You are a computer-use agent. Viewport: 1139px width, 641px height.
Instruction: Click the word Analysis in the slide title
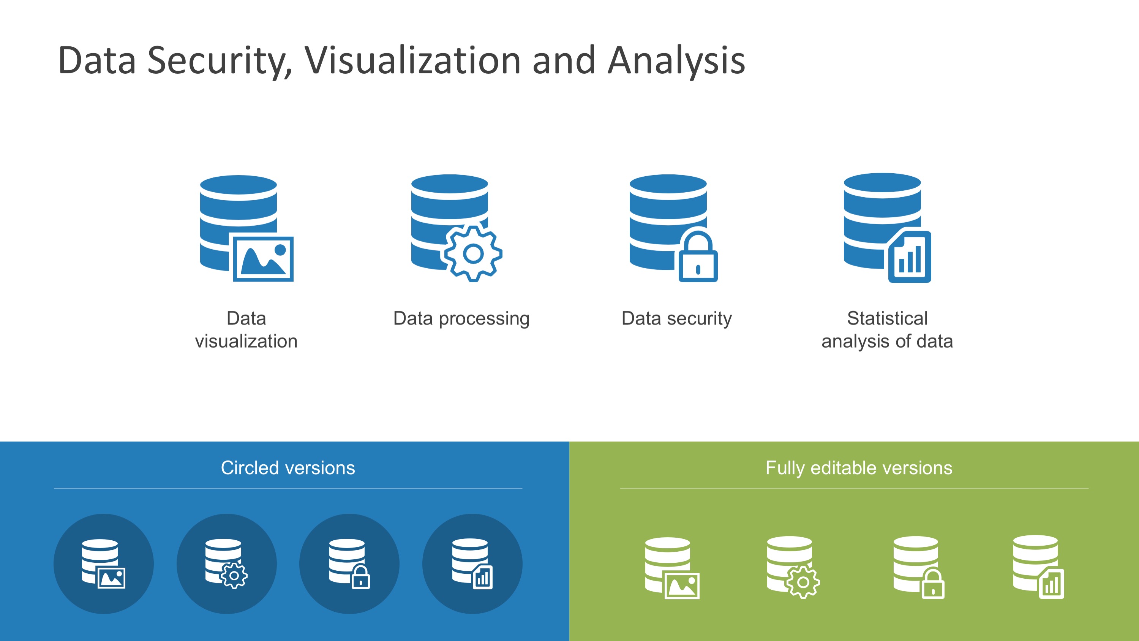676,61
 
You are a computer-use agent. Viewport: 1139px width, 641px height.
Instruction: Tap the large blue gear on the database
473,253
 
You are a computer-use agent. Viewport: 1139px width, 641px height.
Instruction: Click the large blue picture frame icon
264,259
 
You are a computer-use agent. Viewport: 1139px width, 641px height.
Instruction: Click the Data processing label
461,318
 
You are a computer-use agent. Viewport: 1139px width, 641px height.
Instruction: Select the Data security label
676,318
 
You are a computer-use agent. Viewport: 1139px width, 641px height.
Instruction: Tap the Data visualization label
246,329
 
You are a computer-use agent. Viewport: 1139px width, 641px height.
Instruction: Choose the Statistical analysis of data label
887,329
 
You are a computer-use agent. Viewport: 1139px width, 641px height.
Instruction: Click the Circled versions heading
288,468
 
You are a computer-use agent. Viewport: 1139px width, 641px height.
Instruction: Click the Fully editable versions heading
859,468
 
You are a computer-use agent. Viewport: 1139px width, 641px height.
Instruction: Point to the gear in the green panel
803,582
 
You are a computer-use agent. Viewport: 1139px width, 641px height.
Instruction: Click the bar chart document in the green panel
1051,584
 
